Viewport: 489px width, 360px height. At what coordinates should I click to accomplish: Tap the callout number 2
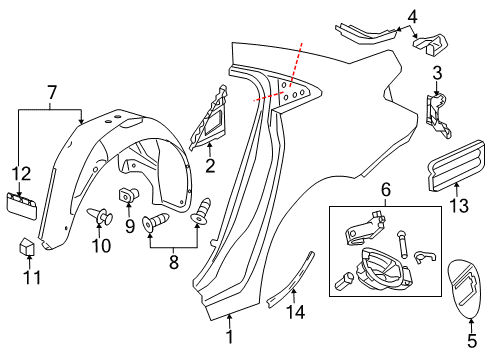click(x=210, y=165)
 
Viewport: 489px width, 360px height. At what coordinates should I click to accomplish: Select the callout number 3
click(x=436, y=73)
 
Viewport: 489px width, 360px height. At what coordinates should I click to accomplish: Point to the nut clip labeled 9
click(x=129, y=195)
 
